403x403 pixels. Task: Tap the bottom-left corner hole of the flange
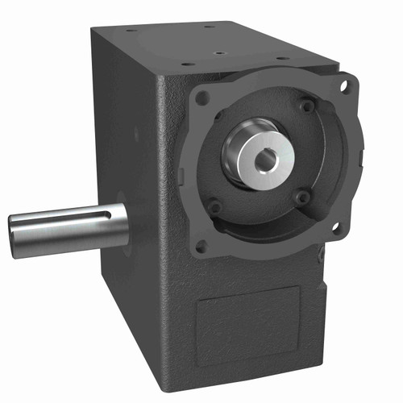pos(201,246)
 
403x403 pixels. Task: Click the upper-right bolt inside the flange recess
pos(306,106)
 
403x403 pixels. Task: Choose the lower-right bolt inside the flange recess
pos(301,196)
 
